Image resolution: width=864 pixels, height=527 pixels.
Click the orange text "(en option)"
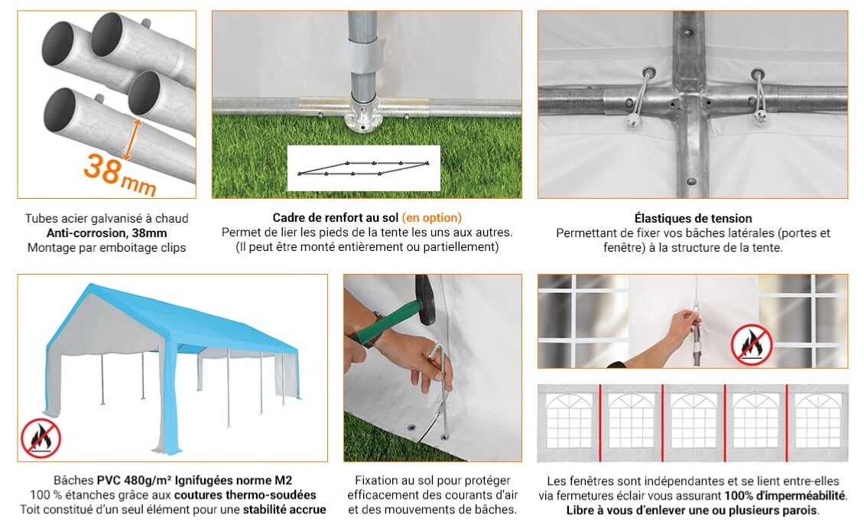[x=432, y=218]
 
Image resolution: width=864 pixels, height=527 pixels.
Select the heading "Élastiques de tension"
[x=693, y=218]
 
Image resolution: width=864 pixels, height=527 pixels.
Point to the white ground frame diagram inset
[x=364, y=168]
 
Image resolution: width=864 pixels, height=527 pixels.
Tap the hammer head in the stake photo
[x=424, y=299]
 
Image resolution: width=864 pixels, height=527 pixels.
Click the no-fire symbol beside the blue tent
[x=41, y=438]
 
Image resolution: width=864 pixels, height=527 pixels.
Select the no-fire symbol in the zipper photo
[x=752, y=344]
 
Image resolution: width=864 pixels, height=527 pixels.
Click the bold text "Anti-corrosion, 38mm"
[x=106, y=233]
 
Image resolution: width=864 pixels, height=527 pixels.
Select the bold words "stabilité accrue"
[x=284, y=509]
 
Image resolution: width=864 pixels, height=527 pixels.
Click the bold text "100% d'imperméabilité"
[x=784, y=496]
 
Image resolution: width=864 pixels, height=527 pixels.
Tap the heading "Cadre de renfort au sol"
[x=335, y=218]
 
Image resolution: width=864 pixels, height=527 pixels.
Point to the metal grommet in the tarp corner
[x=411, y=428]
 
